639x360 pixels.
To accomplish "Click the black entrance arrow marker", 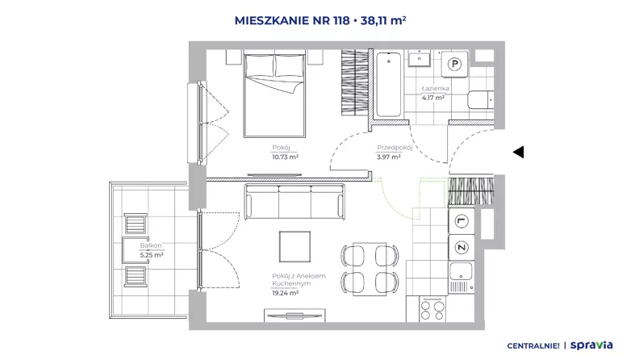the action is click(x=518, y=152).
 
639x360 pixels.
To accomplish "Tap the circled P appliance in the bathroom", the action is click(x=454, y=64).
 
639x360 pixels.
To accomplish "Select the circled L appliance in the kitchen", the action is click(x=461, y=221).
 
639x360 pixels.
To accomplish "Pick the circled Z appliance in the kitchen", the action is click(x=461, y=248).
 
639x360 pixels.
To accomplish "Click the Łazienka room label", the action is click(x=435, y=88).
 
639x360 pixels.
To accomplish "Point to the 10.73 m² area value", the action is click(x=286, y=157).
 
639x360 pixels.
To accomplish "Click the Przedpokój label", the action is click(x=395, y=148).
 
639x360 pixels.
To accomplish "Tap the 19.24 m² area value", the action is click(x=286, y=293).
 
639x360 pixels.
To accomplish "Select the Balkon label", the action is click(x=151, y=245).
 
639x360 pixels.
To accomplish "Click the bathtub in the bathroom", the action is click(x=388, y=85).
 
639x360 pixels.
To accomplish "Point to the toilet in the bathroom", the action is click(x=481, y=100).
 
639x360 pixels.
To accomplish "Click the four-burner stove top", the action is click(x=432, y=310).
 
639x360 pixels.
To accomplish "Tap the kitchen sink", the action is click(x=461, y=277).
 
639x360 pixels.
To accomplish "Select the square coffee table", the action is click(x=294, y=246).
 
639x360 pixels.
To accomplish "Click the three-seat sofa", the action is click(x=294, y=202).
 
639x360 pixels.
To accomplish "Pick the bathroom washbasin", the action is click(x=419, y=58).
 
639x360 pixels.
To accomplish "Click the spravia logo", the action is click(x=591, y=345).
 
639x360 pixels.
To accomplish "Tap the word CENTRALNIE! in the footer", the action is click(x=533, y=346).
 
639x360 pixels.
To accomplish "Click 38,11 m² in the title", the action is click(x=383, y=20).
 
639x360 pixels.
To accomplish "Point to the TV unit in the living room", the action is click(x=294, y=315).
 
